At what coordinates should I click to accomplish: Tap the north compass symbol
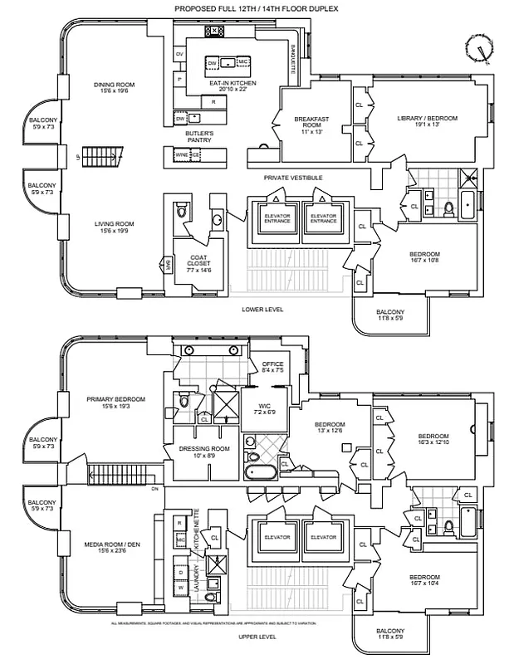(x=478, y=49)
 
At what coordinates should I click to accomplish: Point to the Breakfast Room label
(x=311, y=125)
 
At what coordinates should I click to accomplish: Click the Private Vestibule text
(x=292, y=178)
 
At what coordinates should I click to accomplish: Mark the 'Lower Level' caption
(x=262, y=310)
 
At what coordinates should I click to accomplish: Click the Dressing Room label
(x=198, y=452)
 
